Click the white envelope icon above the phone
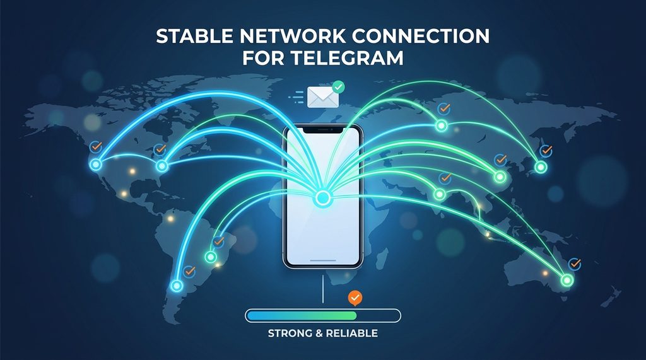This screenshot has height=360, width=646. (x=320, y=96)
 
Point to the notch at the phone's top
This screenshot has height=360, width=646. (x=322, y=129)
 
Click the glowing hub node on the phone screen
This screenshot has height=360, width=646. (x=322, y=199)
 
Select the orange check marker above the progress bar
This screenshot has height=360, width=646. (x=355, y=296)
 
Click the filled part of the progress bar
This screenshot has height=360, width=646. (x=302, y=315)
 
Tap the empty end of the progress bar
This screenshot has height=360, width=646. (x=379, y=315)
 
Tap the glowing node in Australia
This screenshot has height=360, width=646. (x=567, y=280)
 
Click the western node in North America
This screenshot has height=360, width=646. (x=96, y=165)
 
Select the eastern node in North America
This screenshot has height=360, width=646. (x=161, y=166)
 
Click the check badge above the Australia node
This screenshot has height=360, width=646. (x=573, y=264)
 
